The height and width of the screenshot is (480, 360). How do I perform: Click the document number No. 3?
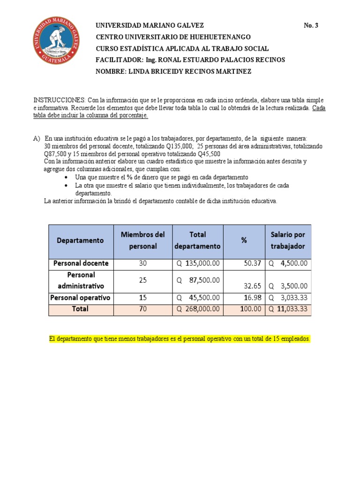tap(311, 26)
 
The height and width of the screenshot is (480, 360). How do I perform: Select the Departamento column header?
tap(81, 240)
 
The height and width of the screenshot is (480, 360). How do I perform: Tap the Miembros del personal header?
tap(143, 240)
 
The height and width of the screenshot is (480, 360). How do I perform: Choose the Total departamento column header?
tap(198, 240)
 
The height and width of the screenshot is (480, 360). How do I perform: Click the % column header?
tap(244, 240)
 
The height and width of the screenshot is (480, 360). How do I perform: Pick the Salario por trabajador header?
tap(288, 240)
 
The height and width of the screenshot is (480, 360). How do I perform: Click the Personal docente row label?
tap(81, 263)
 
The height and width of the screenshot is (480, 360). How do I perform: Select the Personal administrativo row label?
tap(81, 280)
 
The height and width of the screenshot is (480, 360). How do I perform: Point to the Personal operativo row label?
tap(81, 298)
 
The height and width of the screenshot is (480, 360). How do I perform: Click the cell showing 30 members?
tap(143, 263)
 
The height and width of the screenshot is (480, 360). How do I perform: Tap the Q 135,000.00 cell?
tap(198, 263)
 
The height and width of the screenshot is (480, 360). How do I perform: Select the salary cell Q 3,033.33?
tap(288, 298)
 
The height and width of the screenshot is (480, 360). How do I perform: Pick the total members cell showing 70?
tap(143, 309)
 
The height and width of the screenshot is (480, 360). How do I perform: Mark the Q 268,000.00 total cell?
tap(198, 309)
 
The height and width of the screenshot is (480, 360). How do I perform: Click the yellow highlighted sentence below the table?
tap(180, 339)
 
